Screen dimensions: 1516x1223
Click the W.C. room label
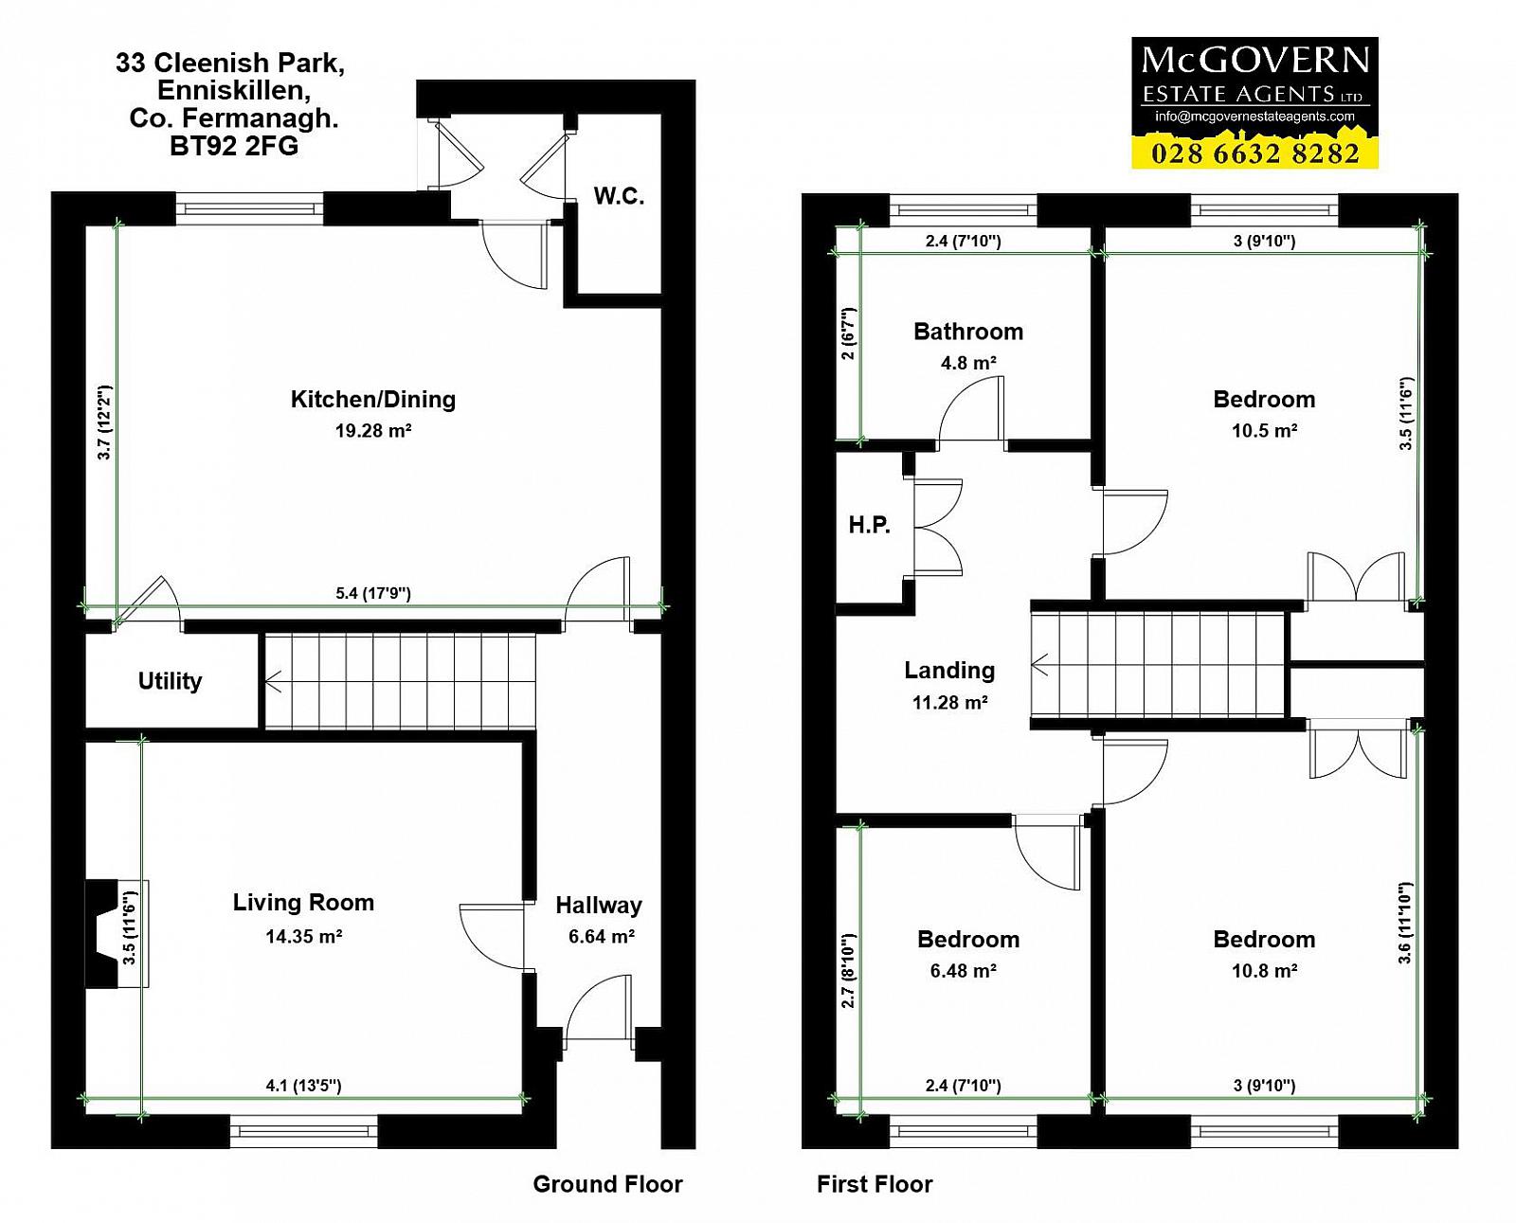tap(620, 196)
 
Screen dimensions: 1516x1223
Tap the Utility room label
tap(170, 681)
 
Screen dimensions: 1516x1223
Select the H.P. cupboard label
tap(870, 525)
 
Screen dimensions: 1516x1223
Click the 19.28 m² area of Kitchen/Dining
tap(373, 430)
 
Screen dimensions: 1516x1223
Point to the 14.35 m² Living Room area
tap(303, 936)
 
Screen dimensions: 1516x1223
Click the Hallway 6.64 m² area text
tap(601, 936)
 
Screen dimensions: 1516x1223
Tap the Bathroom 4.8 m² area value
tap(968, 363)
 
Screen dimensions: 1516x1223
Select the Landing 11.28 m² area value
tap(949, 702)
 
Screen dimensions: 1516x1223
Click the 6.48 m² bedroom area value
tap(963, 971)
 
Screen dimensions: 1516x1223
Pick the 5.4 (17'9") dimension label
tap(373, 593)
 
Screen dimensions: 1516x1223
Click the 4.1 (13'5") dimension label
tap(303, 1086)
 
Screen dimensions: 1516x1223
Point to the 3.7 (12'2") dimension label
tap(104, 423)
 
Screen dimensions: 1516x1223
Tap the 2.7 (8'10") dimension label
tap(848, 970)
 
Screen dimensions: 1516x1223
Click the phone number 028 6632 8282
tap(1254, 153)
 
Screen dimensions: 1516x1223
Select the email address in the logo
tap(1254, 117)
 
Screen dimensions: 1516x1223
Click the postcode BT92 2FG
tap(234, 146)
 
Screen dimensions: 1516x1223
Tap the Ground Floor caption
tap(608, 1184)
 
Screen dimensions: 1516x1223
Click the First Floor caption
tap(875, 1184)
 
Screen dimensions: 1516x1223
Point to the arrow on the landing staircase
tap(1038, 664)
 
